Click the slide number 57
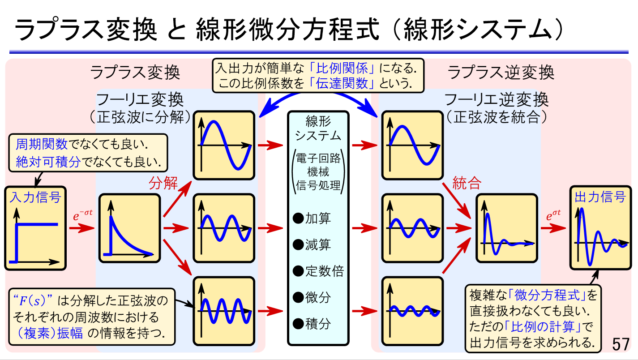click(x=621, y=345)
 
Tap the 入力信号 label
click(x=35, y=197)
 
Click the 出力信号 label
click(x=600, y=197)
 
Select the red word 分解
click(x=163, y=183)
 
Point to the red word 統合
click(x=467, y=183)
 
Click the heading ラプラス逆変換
click(x=501, y=73)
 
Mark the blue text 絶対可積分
click(x=48, y=161)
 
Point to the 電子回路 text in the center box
click(x=318, y=159)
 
